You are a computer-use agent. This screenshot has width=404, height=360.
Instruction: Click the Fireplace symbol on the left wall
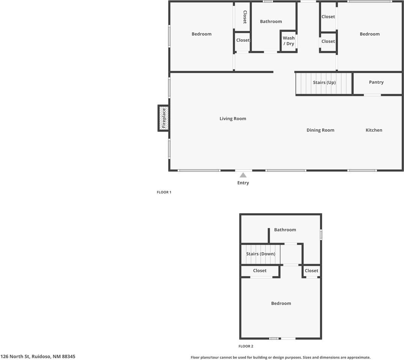point(163,118)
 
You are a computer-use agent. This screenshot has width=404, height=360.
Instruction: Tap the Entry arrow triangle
point(243,175)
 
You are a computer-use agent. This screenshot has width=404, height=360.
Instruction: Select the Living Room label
point(233,119)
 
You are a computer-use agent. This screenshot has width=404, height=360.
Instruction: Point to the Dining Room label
point(320,130)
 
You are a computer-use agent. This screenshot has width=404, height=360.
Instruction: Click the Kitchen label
point(374,130)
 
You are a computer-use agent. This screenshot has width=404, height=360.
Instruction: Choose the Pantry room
point(376,82)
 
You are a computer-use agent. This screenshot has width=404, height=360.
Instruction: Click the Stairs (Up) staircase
point(324,83)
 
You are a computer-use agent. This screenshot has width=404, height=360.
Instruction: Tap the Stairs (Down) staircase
point(261,254)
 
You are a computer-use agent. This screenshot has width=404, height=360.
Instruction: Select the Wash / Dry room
point(289,41)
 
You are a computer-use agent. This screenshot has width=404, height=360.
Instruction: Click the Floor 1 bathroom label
point(271,22)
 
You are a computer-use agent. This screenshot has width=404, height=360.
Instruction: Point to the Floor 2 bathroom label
point(285,230)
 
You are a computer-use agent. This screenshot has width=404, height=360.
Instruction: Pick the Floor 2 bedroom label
point(281,303)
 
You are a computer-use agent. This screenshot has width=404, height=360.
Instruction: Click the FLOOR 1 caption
point(164,192)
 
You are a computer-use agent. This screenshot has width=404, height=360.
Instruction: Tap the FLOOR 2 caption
point(246,346)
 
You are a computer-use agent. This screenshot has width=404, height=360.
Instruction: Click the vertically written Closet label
point(245,17)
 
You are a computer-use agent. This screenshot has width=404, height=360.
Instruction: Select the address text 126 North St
point(38,357)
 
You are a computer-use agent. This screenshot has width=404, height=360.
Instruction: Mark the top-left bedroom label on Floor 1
point(202,34)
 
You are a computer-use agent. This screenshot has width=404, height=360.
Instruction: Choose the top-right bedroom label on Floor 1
point(369,34)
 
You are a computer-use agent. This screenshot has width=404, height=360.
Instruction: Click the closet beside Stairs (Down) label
point(260,271)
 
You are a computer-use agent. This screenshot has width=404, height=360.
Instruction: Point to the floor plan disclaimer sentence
point(280,357)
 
